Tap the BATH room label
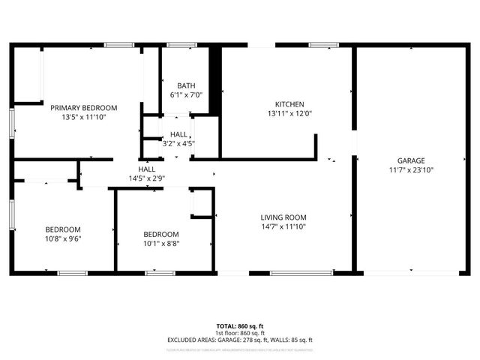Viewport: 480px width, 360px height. click(x=186, y=85)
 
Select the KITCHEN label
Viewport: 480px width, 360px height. click(x=289, y=103)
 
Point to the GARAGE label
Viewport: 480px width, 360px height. click(x=411, y=160)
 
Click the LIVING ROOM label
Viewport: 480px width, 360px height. click(x=283, y=217)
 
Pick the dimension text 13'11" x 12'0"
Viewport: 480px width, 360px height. click(x=289, y=113)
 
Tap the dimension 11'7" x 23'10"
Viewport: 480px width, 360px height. click(x=411, y=170)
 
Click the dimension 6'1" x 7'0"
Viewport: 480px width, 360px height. click(x=186, y=94)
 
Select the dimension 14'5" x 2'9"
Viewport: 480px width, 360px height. click(x=146, y=179)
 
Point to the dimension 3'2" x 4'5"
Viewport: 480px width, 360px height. click(x=178, y=143)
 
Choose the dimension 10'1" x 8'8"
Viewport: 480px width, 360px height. click(x=161, y=243)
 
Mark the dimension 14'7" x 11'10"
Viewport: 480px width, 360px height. click(x=283, y=226)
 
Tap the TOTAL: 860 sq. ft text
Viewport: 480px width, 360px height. click(x=240, y=325)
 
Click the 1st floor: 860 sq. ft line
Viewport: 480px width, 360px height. click(x=240, y=332)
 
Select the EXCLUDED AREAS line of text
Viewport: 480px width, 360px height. click(x=240, y=340)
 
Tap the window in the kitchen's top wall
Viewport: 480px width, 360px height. click(x=324, y=46)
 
